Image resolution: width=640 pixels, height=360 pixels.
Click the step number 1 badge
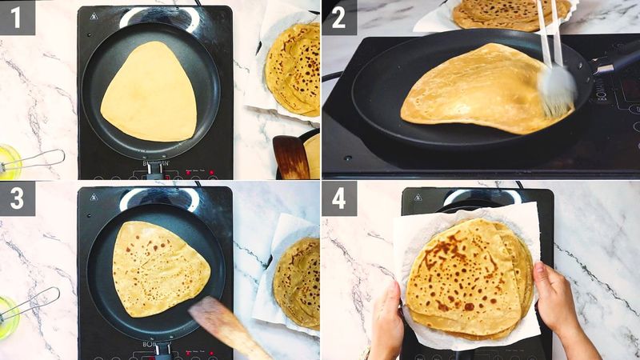point(17,17)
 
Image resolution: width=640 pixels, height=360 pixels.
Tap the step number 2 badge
point(338,17)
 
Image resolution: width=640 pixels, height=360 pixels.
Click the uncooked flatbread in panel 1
point(150,92)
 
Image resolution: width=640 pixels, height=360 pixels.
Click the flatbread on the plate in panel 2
point(512,12)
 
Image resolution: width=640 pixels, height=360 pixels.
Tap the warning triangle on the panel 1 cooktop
point(94,18)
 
